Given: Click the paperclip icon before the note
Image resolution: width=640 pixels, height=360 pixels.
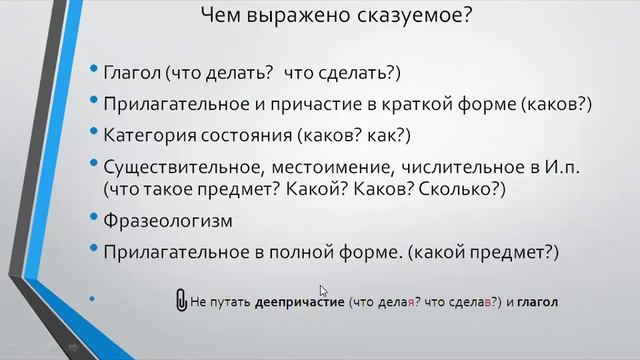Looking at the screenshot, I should point(181,300).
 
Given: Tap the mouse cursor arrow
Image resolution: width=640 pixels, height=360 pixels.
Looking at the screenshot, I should point(324,291).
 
